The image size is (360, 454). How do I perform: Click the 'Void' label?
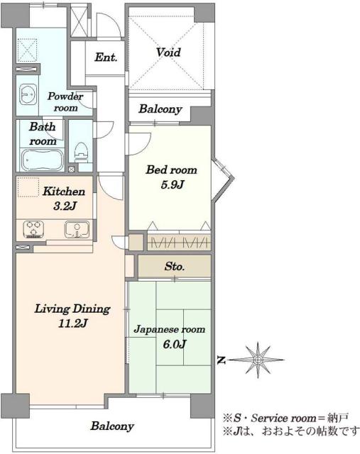pos(168,52)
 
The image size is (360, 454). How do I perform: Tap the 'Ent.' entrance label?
pos(106,57)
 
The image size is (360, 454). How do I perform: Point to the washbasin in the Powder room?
pos(28,94)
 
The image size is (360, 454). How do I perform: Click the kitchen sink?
pos(77,230)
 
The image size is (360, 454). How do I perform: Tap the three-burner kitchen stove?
pos(33,230)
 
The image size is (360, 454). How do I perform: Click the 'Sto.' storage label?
pos(175,266)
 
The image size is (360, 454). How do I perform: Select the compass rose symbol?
pos(258,360)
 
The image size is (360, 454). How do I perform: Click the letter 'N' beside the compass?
pos(222,360)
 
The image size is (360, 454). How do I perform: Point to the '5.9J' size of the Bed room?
pos(173,184)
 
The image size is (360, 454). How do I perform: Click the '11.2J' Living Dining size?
pos(72,323)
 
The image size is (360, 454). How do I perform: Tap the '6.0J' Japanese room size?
pos(175,344)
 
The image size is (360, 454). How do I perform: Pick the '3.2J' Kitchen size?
pos(65,206)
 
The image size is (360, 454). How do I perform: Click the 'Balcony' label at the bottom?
pos(112,426)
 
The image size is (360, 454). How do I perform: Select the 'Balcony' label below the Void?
pos(160,109)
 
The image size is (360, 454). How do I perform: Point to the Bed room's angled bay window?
pos(223,179)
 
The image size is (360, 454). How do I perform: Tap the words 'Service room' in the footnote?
pos(283,418)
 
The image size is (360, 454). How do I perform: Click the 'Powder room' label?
pos(65,101)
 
